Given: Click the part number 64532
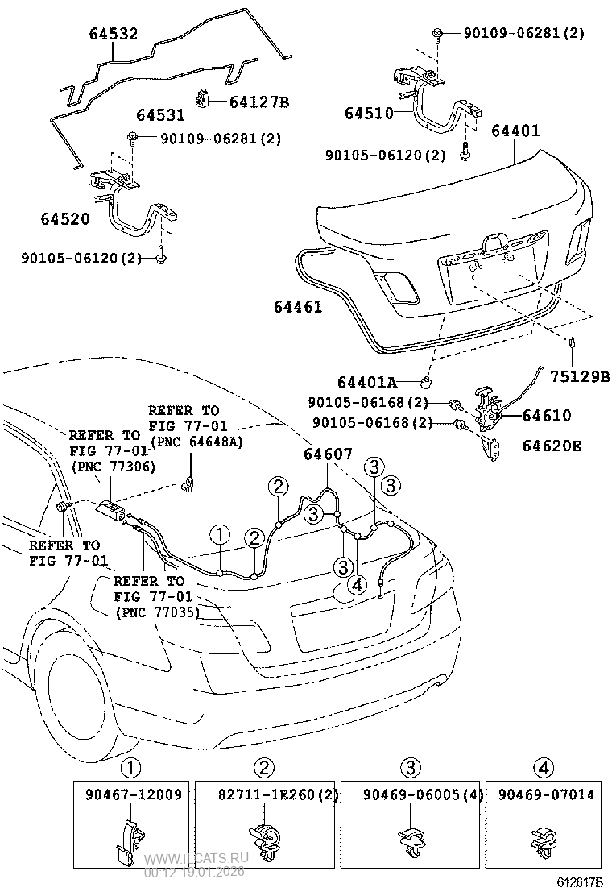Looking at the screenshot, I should (113, 34).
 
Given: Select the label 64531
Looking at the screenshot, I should (160, 114).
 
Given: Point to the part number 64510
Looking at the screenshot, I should (369, 114).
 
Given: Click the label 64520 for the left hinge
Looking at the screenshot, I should (64, 218).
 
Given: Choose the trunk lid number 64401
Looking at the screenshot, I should (515, 131).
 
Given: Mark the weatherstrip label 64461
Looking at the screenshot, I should (297, 306).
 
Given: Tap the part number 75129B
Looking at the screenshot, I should (580, 375).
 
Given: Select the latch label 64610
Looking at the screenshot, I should (547, 416).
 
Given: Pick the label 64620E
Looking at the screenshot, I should (552, 445).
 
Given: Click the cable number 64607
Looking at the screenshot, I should (328, 454).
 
